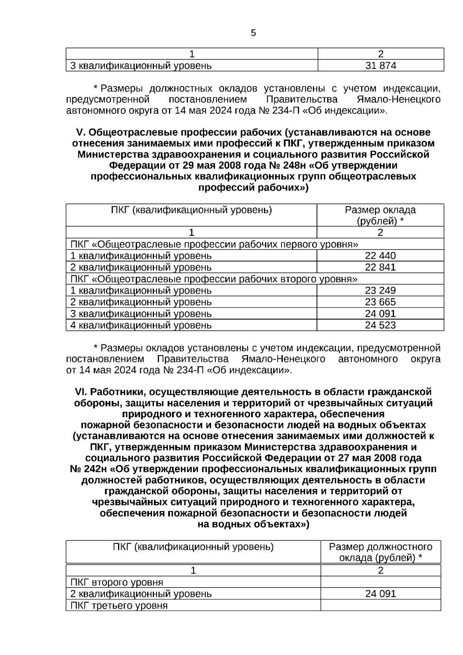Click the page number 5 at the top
pos(253,33)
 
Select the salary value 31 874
pos(380,66)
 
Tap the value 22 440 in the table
pos(380,256)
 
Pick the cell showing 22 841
pos(380,267)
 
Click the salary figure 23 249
pos(380,291)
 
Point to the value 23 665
pos(380,302)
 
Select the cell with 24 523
pos(380,325)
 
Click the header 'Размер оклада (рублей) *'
pos(380,215)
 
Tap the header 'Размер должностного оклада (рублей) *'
pos(380,552)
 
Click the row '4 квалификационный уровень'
pos(141,325)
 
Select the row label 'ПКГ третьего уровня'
pos(119,605)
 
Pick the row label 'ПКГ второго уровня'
pos(117,582)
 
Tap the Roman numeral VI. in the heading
pos(81,392)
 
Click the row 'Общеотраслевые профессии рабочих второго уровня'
pos(214,279)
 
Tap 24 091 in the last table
pos(380,594)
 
